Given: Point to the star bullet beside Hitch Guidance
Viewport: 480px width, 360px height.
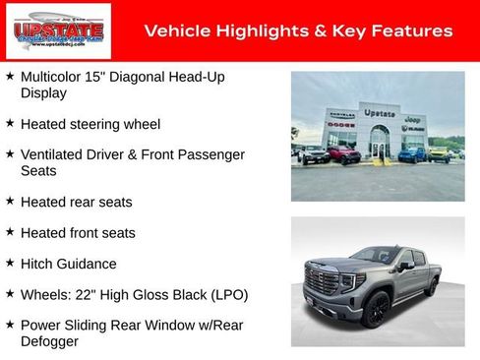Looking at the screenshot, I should (x=10, y=263).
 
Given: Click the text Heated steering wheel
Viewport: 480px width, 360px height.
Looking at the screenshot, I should (x=90, y=125).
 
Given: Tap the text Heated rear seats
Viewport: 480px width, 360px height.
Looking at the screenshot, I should (x=76, y=202).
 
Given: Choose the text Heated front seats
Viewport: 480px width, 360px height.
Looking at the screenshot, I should (x=78, y=233).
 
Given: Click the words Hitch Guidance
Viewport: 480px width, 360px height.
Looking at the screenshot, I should (x=68, y=264).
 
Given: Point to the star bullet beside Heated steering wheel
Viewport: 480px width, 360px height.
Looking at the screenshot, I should (x=10, y=124).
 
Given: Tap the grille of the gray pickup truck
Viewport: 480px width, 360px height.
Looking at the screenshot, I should (x=322, y=281).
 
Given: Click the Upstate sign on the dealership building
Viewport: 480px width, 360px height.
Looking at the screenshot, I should (x=380, y=113).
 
